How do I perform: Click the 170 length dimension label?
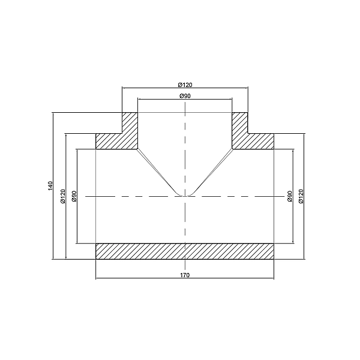185,275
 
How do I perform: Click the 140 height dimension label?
50,185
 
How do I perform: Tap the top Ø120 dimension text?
185,85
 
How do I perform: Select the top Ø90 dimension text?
185,96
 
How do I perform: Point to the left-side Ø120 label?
63,196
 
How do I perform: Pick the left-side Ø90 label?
74,196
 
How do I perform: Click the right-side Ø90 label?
290,196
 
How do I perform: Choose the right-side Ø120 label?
301,196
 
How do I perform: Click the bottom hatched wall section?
185,251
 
